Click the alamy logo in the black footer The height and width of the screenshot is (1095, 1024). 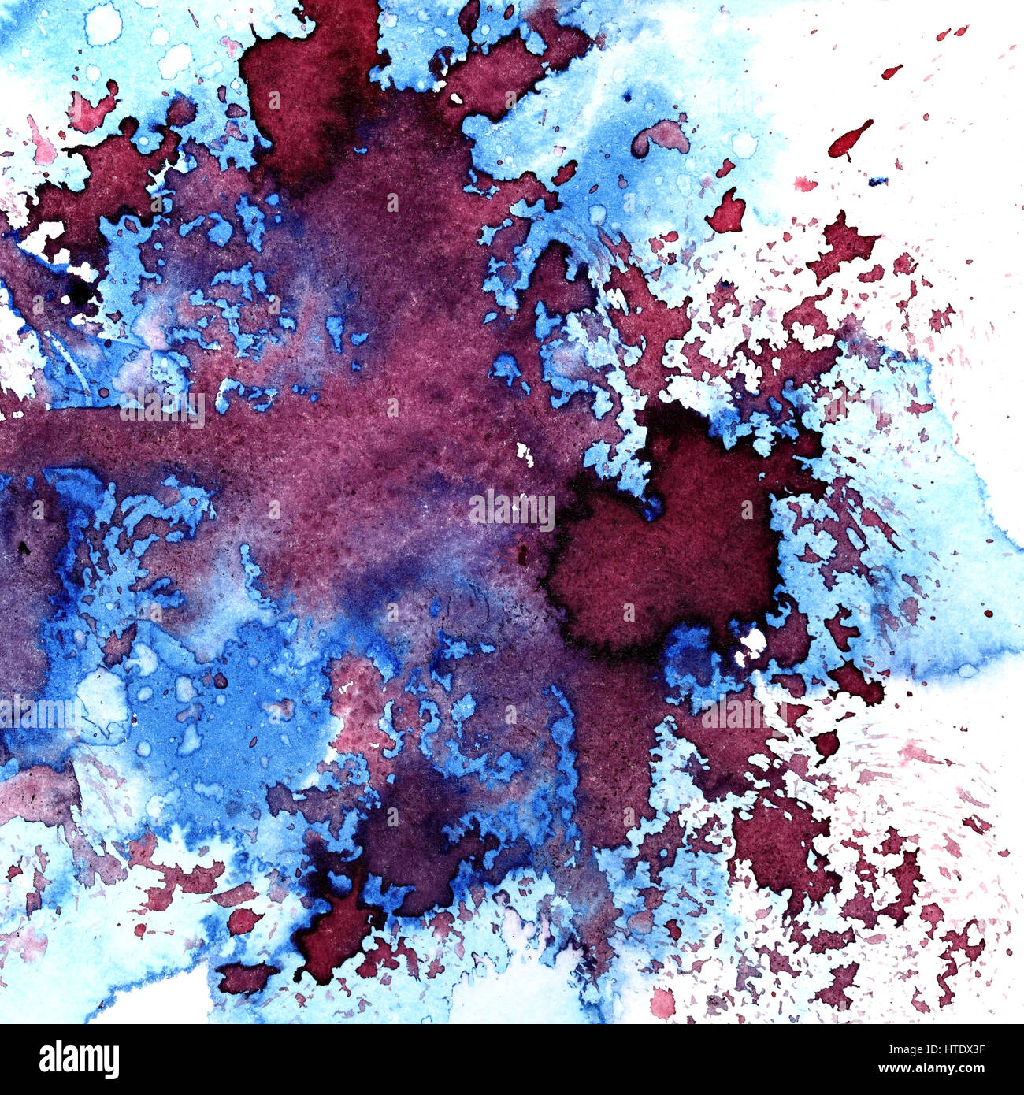[x=79, y=1059]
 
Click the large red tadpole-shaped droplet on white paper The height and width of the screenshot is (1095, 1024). [x=848, y=140]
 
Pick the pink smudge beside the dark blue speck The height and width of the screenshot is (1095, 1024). [x=805, y=184]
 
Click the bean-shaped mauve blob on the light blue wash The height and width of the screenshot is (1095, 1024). [x=661, y=137]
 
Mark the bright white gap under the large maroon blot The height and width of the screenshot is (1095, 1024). [x=752, y=642]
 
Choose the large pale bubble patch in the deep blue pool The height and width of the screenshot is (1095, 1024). [x=102, y=703]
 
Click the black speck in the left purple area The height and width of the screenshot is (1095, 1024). [x=23, y=547]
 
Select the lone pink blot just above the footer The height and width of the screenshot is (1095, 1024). [x=663, y=1003]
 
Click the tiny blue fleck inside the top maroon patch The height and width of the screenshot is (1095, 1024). [x=456, y=98]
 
